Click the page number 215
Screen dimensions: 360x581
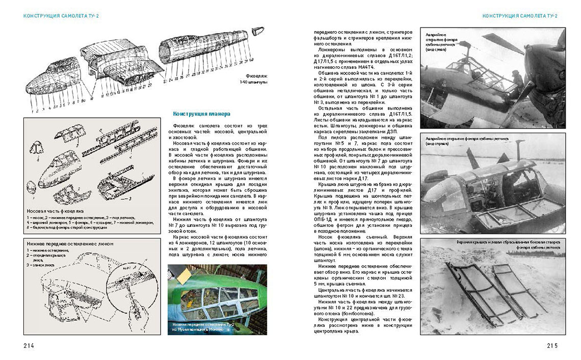[552, 345]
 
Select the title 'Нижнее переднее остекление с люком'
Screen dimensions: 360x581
[70, 244]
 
